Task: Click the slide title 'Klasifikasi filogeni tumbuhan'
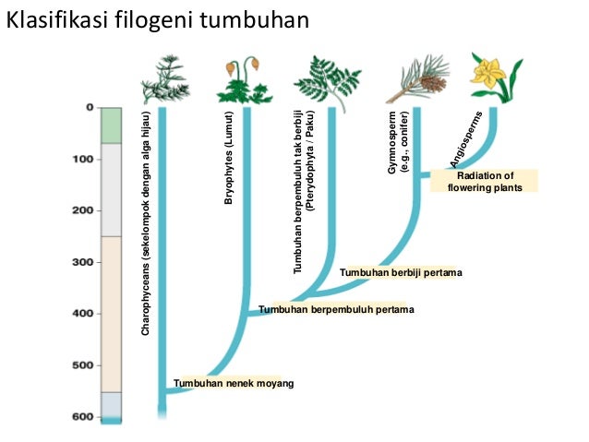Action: (157, 21)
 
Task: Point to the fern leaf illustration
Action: (331, 78)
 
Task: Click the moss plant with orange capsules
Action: (244, 81)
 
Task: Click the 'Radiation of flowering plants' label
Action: (485, 181)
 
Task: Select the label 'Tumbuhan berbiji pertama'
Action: (400, 272)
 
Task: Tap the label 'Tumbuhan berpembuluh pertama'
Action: (336, 309)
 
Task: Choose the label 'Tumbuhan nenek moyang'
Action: (234, 383)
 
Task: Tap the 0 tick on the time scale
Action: (90, 108)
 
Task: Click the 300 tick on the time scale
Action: (83, 262)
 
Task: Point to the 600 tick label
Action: (83, 417)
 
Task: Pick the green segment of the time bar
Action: (111, 125)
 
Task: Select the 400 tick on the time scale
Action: (83, 314)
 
